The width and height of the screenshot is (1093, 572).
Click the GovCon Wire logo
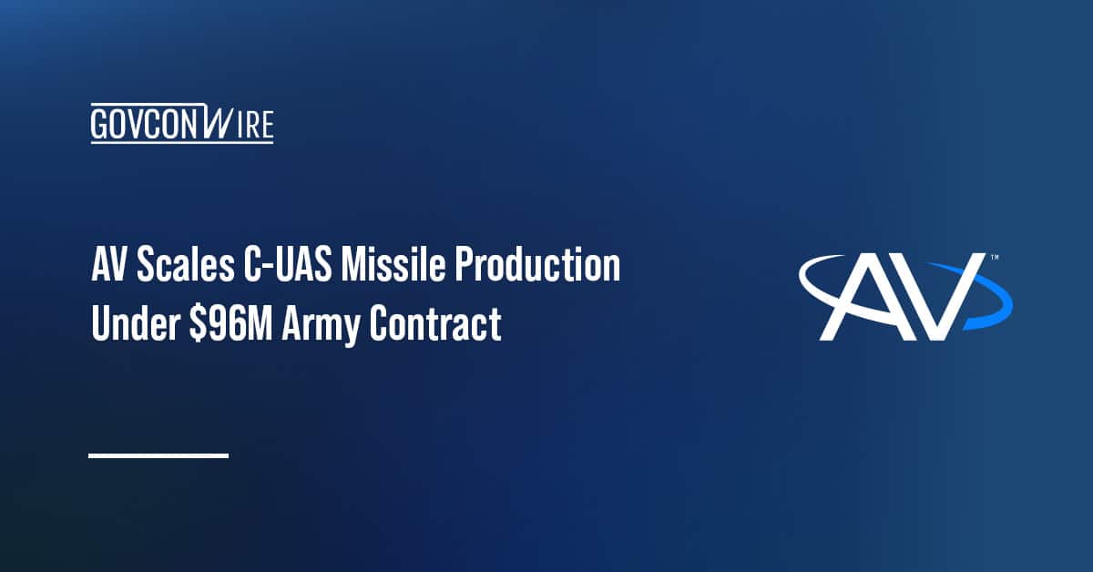(x=182, y=124)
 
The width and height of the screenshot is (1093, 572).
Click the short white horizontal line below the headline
(x=158, y=455)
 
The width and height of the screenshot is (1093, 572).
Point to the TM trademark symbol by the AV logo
(x=994, y=259)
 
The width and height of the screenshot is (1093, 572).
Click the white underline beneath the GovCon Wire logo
(x=182, y=141)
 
